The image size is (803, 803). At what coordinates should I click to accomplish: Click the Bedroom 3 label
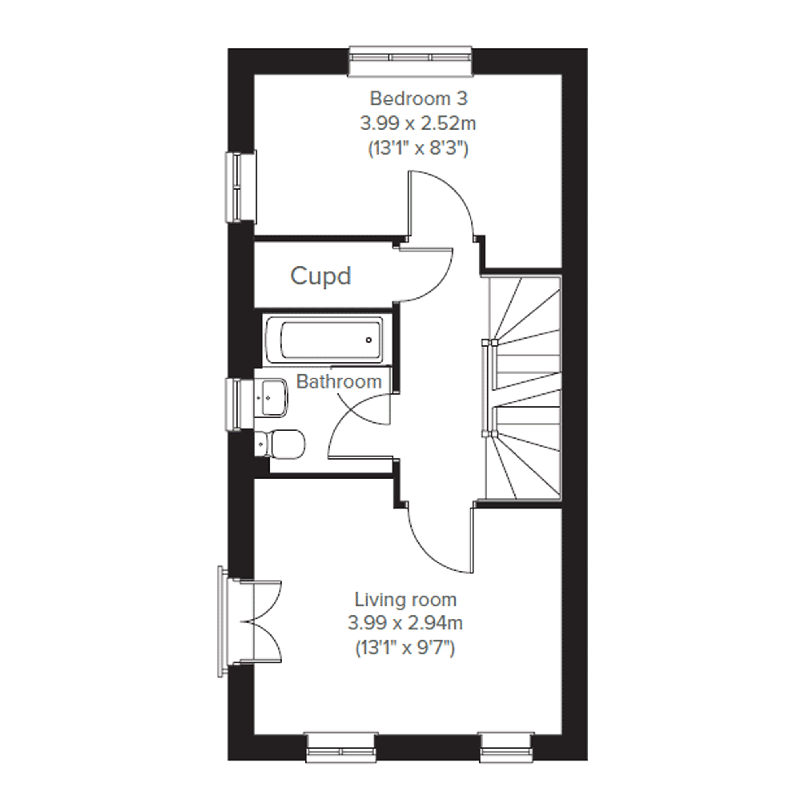[418, 99]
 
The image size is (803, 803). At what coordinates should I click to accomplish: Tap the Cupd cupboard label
[321, 276]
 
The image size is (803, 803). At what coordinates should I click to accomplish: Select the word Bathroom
[339, 381]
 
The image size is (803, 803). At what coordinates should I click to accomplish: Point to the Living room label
[405, 600]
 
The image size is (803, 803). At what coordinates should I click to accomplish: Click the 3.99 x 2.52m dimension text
[418, 124]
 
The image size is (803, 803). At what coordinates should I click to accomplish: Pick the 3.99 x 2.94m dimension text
[405, 624]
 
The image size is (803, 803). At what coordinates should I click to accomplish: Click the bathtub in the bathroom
[325, 340]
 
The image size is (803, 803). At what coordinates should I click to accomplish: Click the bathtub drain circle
[369, 340]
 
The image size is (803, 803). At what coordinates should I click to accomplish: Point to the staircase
[523, 387]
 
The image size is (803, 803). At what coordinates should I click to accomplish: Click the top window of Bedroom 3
[411, 61]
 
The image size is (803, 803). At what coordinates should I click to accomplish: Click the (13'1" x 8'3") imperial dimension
[418, 148]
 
